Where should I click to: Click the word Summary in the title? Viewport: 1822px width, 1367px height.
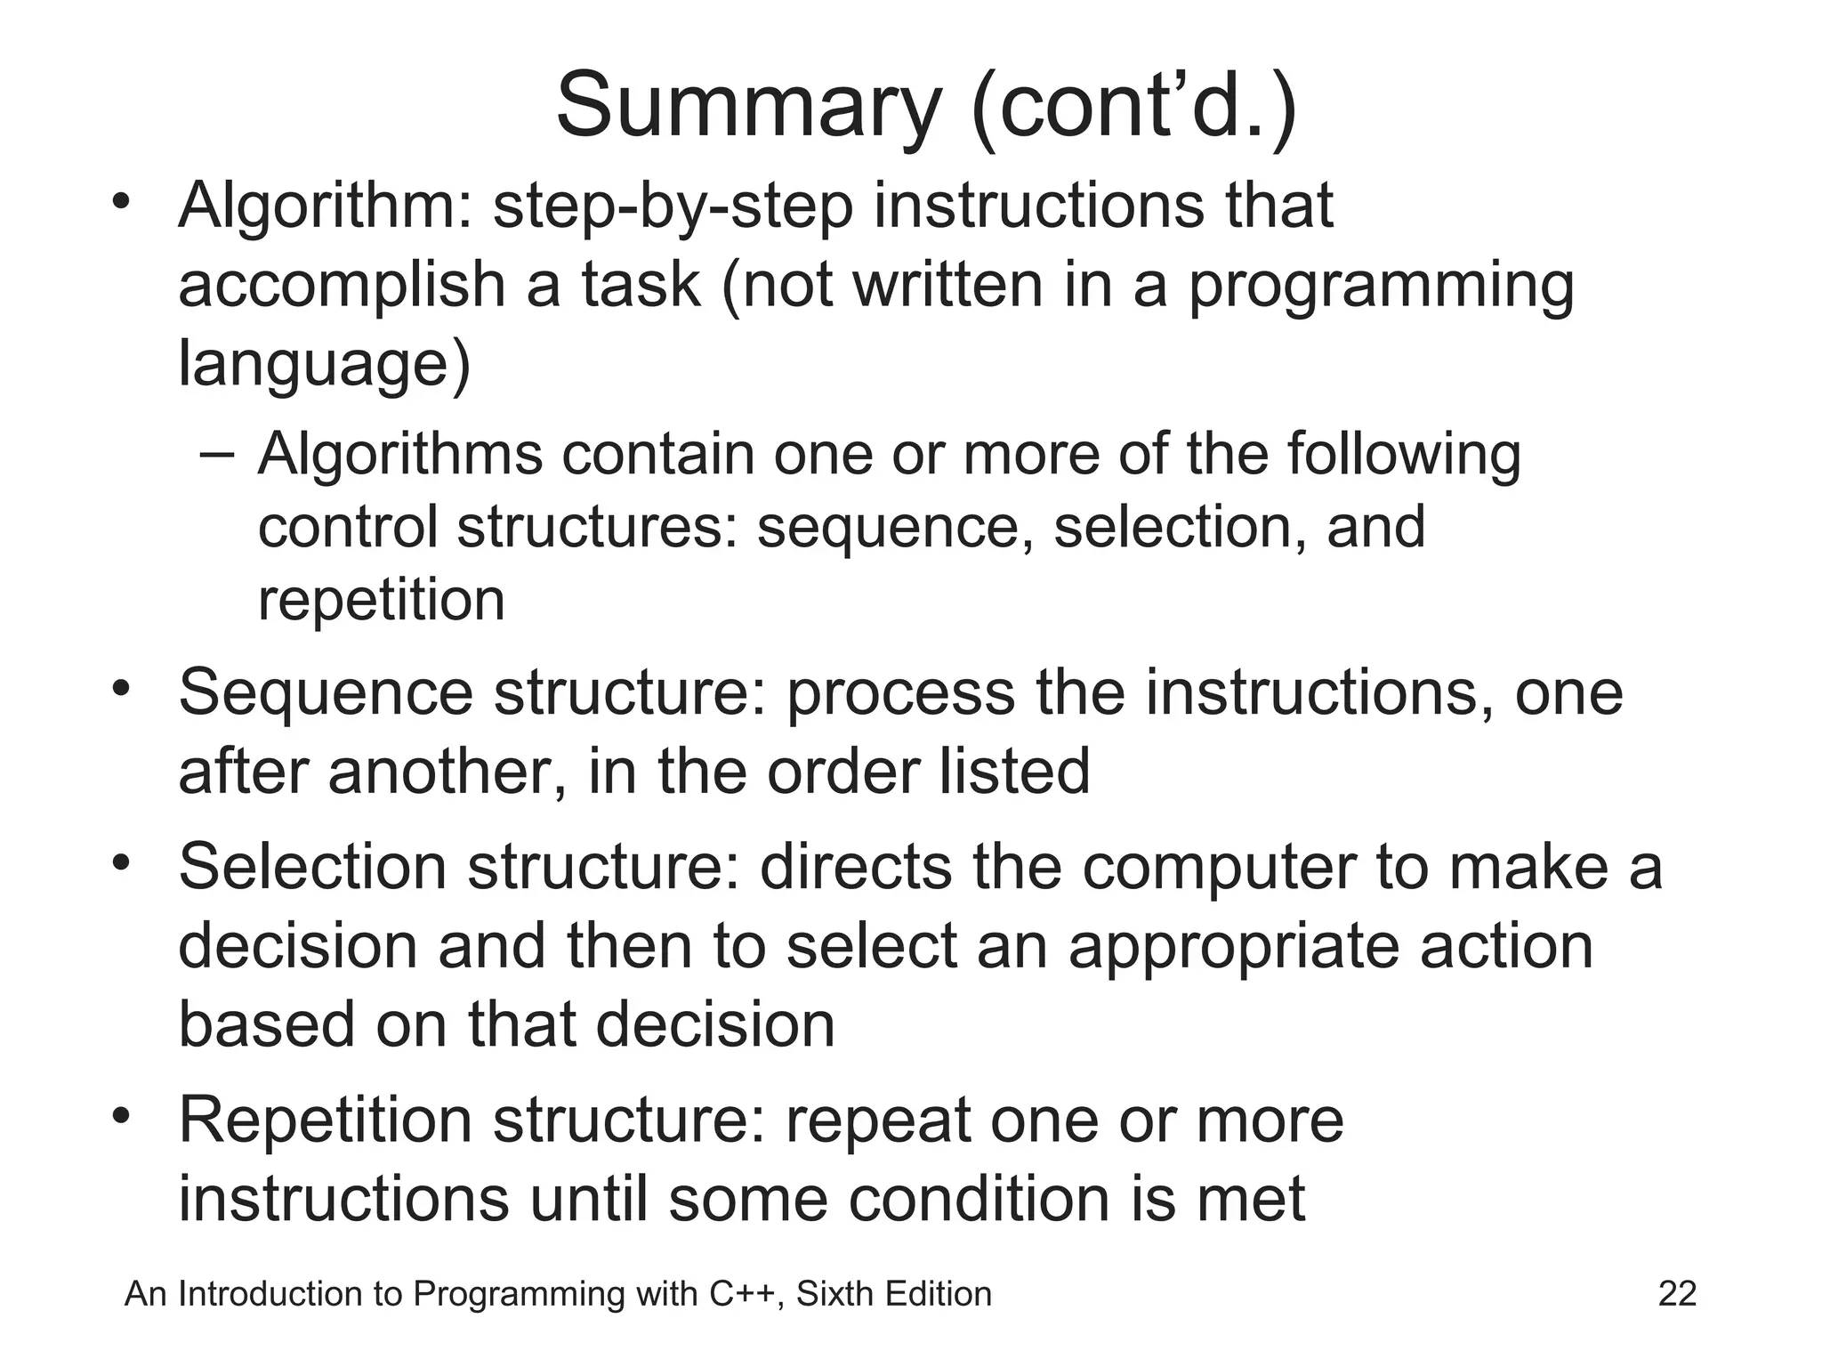click(747, 107)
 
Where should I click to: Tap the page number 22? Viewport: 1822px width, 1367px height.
click(1677, 1293)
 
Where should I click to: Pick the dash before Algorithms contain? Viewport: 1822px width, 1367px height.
click(218, 454)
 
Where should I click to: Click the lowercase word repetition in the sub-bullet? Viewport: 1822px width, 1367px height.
click(381, 599)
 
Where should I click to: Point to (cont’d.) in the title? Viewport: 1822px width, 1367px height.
click(1134, 107)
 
